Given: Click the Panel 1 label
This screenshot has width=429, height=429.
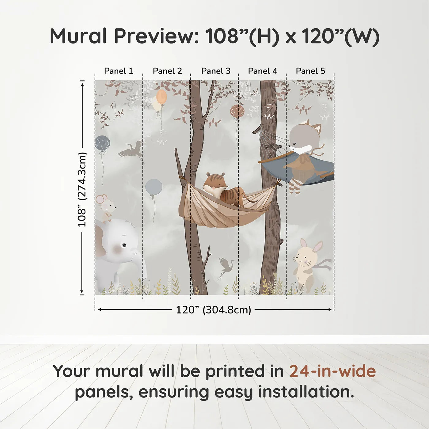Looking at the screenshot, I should (x=119, y=71).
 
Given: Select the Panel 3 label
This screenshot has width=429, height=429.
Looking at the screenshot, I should (x=216, y=71).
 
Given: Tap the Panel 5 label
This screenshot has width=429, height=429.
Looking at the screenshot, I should (x=310, y=71).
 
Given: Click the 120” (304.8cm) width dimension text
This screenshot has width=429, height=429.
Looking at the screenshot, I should (x=213, y=310).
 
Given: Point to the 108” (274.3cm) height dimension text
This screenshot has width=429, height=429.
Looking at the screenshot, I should (x=82, y=189).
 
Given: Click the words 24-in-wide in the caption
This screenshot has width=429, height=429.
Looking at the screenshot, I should (x=332, y=371).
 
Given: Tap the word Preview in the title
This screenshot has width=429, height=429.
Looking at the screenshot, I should (x=157, y=36).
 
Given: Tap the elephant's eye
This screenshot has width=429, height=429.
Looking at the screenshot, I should (x=124, y=245).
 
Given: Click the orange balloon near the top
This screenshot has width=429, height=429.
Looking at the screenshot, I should (x=161, y=97).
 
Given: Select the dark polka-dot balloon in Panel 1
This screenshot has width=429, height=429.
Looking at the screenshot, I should (x=102, y=142).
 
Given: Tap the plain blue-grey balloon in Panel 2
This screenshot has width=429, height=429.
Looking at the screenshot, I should (x=154, y=187).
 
